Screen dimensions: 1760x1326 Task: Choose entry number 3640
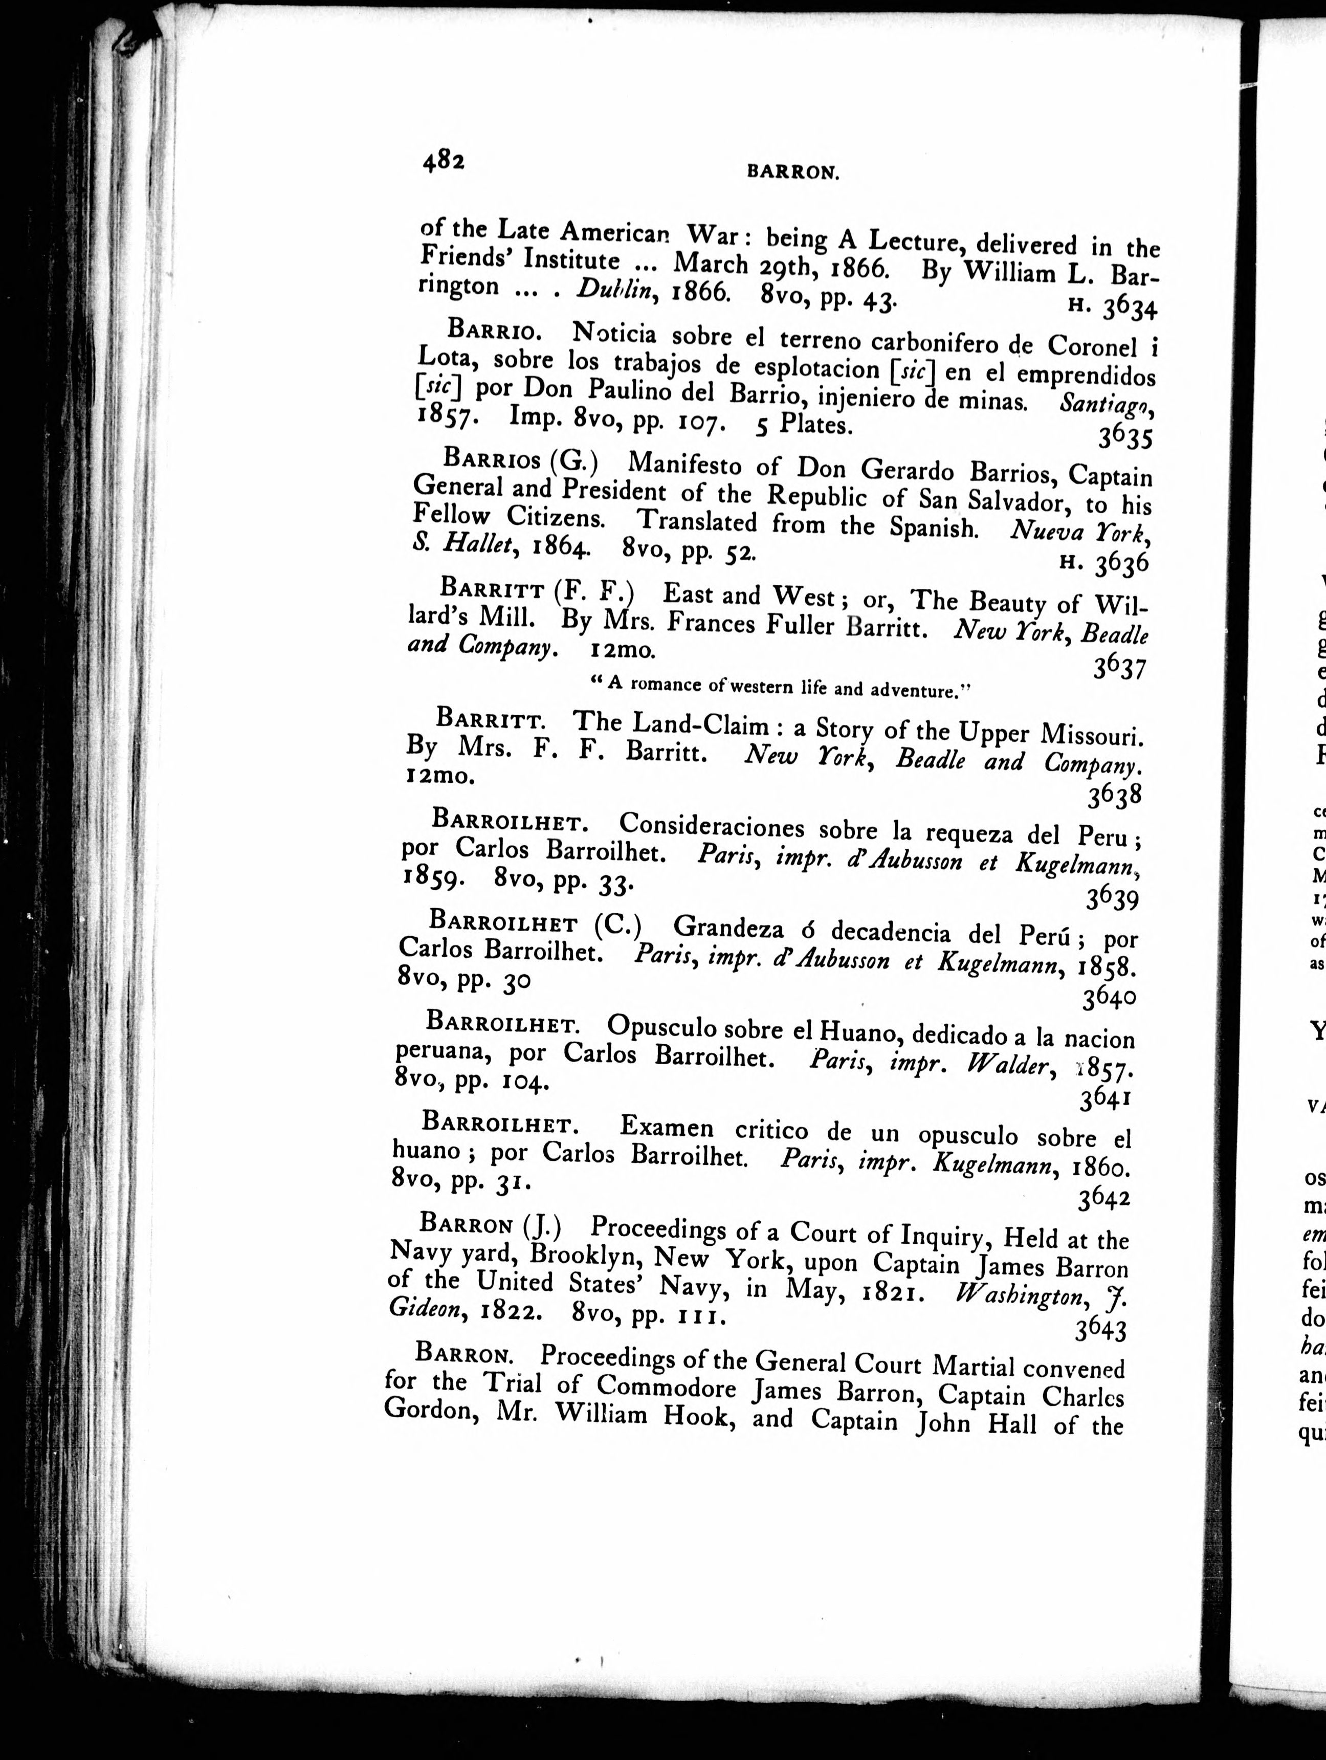coord(1111,995)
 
